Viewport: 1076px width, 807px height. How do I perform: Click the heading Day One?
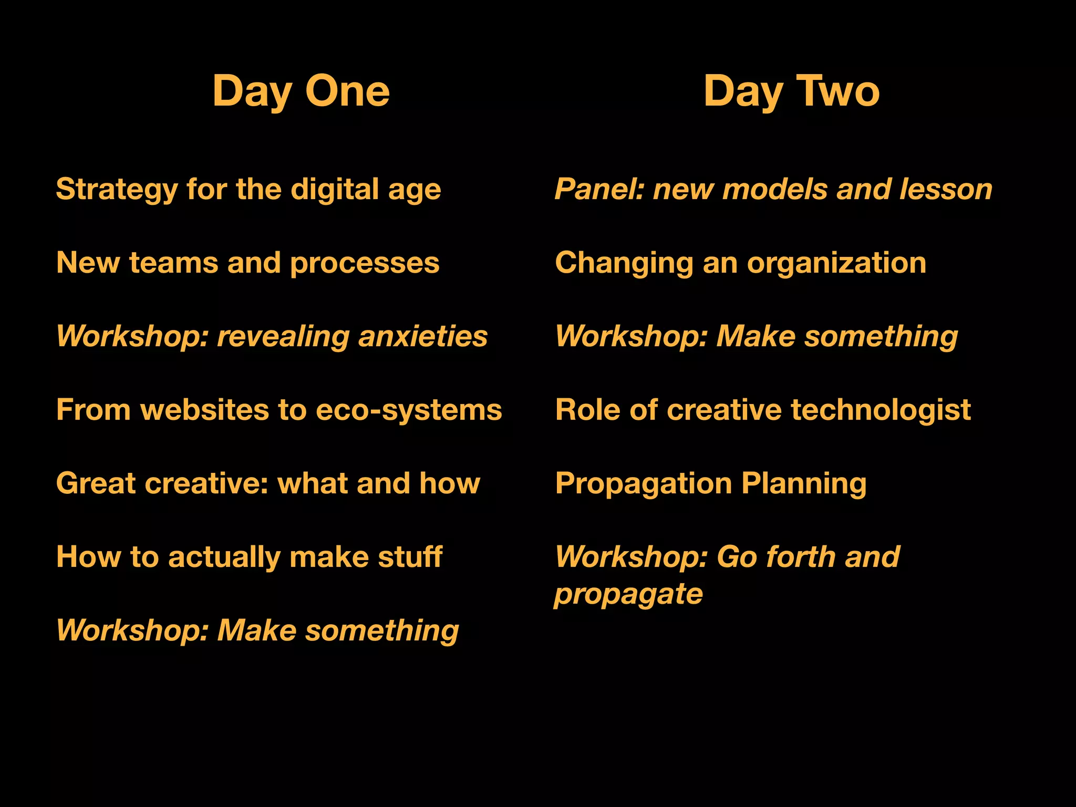(x=301, y=91)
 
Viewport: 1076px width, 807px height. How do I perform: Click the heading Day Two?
(x=791, y=91)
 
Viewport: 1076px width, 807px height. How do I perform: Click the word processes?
(x=365, y=263)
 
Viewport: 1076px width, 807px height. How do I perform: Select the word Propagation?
(x=643, y=483)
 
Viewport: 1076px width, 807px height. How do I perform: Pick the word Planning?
(x=804, y=483)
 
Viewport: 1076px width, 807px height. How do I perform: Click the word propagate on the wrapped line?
(x=628, y=595)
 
